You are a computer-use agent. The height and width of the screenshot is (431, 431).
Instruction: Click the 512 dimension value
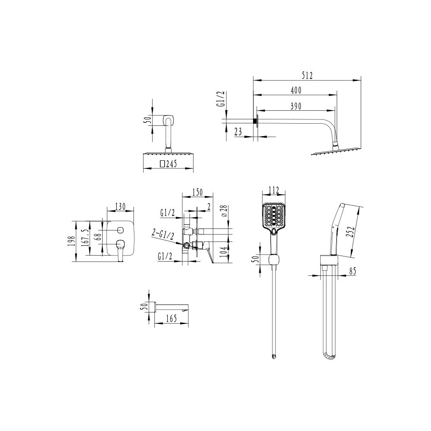click(306, 75)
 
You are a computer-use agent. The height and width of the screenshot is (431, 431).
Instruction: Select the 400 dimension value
click(296, 90)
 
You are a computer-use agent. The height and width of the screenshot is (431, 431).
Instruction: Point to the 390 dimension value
click(296, 106)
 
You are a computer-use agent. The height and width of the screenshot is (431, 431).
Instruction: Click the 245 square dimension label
click(168, 163)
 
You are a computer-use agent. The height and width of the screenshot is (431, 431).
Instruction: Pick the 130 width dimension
click(120, 206)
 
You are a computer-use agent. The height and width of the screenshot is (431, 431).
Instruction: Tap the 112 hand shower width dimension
click(274, 191)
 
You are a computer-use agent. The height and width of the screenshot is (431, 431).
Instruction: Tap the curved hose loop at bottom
click(328, 356)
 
